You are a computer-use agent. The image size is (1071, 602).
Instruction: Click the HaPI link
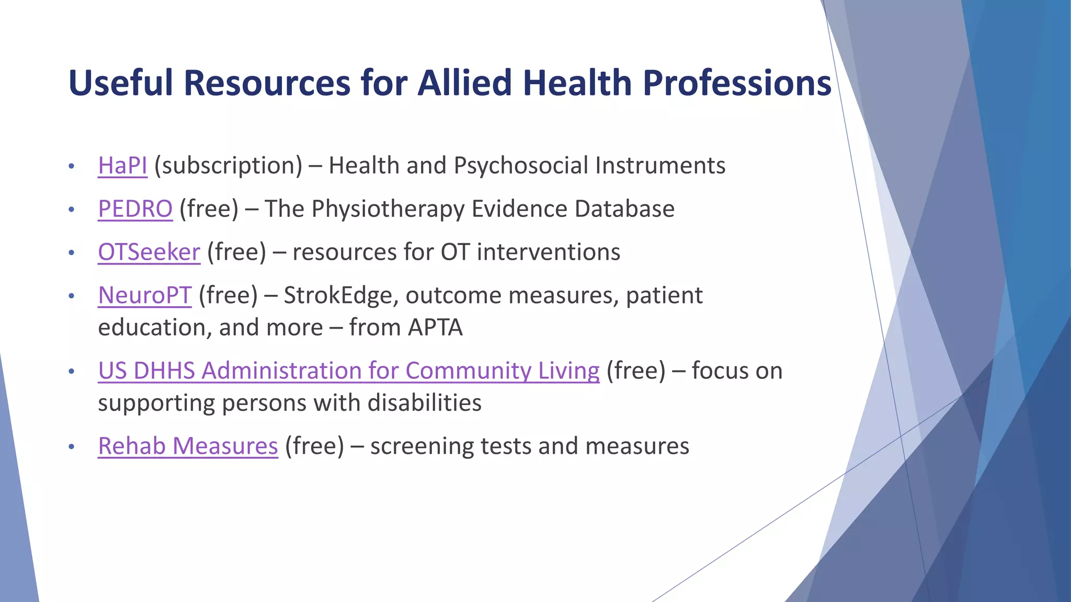[122, 166]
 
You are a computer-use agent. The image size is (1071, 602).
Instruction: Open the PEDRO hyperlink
[135, 209]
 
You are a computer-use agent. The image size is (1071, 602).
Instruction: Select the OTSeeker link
[149, 252]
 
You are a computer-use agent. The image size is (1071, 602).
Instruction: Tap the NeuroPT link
[145, 296]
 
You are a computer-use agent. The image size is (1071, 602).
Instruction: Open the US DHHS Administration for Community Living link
[348, 371]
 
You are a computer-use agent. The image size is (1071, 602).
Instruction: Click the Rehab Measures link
[188, 446]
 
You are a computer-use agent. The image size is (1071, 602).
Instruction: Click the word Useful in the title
[121, 83]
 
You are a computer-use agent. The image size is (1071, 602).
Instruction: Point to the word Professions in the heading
[737, 83]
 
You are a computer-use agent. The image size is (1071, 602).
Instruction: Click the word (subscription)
[228, 166]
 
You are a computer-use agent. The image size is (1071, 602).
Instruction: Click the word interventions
[549, 252]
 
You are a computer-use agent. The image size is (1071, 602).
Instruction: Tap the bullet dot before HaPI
[72, 167]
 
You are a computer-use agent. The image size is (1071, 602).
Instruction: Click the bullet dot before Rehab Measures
[72, 447]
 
